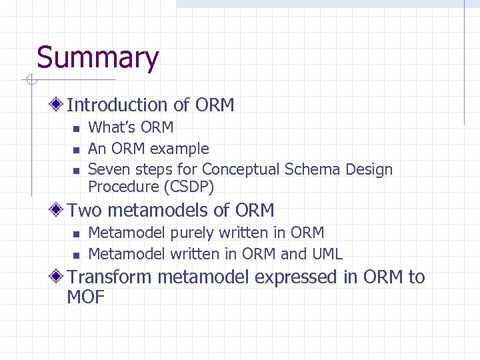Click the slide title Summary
(97, 58)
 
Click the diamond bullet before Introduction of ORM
(59, 105)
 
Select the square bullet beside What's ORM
(76, 129)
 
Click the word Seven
(109, 169)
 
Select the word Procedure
(121, 186)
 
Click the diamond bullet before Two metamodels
(59, 210)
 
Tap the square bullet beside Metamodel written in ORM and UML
(76, 255)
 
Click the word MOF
(86, 297)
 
